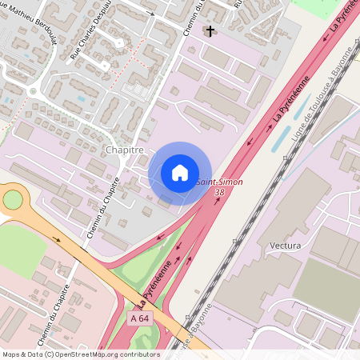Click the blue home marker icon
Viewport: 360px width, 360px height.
(x=180, y=172)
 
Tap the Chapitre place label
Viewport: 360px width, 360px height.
(x=124, y=150)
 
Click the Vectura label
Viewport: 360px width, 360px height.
(x=286, y=245)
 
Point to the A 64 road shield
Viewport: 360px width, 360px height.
(x=139, y=318)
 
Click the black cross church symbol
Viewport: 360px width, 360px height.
(x=210, y=31)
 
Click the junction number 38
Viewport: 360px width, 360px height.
(x=219, y=193)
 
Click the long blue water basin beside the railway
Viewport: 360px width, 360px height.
(x=282, y=137)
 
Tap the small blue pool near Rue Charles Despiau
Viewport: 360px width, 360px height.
(x=81, y=100)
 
